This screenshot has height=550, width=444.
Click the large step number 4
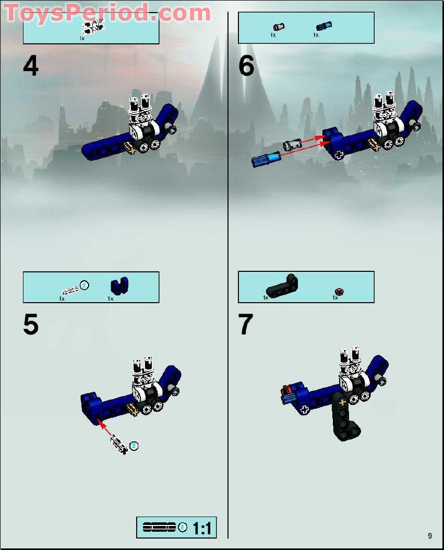(x=31, y=66)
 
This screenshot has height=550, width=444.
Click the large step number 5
(x=31, y=325)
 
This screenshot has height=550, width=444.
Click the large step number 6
(x=246, y=66)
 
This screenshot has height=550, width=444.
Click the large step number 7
(x=246, y=325)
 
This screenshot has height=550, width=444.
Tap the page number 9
(x=429, y=535)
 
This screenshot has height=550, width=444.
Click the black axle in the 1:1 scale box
(x=159, y=528)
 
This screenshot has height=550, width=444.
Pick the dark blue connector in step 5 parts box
(x=119, y=286)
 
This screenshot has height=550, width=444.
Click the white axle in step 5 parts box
(x=70, y=289)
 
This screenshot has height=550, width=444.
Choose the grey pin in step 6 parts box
(x=279, y=26)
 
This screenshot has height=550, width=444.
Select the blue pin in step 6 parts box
(x=323, y=26)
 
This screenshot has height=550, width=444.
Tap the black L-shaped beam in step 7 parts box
(x=282, y=286)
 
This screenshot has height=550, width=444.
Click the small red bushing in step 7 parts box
(x=339, y=291)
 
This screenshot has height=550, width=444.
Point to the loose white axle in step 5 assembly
(x=118, y=445)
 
